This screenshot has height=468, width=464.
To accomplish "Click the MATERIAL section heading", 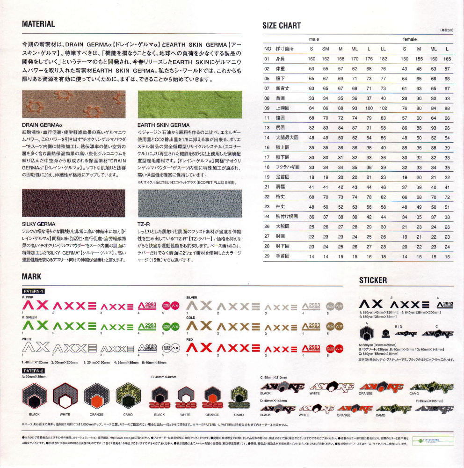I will [x=38, y=24].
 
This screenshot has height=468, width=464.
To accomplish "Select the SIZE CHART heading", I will [x=282, y=26].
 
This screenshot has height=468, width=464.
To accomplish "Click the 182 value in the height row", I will [x=383, y=59].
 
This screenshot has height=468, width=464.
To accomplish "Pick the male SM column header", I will [x=326, y=49].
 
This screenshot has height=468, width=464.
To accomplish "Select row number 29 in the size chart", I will [x=268, y=256].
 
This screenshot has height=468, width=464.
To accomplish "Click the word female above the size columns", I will [x=410, y=39].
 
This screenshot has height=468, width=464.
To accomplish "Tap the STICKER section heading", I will [x=373, y=280].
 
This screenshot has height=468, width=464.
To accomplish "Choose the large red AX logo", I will [x=199, y=348].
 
